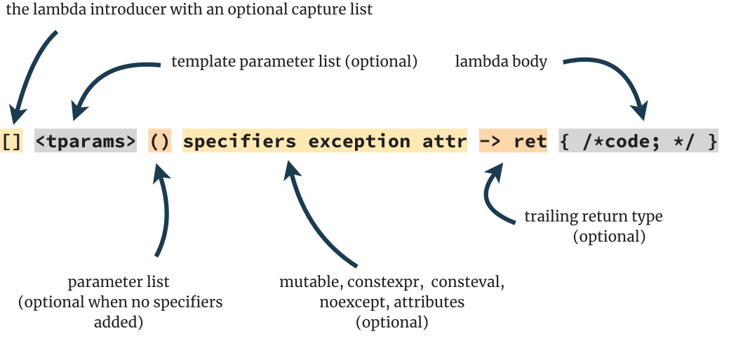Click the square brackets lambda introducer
pyautogui.click(x=11, y=141)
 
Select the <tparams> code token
pyautogui.click(x=86, y=141)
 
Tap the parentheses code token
pyautogui.click(x=160, y=141)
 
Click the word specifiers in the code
pyautogui.click(x=240, y=141)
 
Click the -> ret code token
pyautogui.click(x=513, y=141)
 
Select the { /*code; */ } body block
pyautogui.click(x=638, y=141)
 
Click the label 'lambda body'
pyautogui.click(x=501, y=62)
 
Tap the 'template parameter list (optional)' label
pyautogui.click(x=294, y=62)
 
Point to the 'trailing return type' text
pyautogui.click(x=594, y=216)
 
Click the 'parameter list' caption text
pyautogui.click(x=119, y=282)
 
